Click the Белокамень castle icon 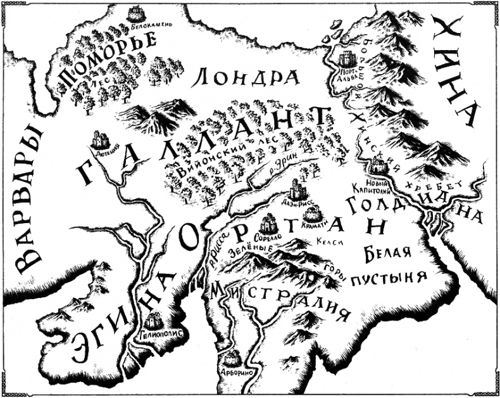136,13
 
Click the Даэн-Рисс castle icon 296,188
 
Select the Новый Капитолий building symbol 378,165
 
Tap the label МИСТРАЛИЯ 282,304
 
